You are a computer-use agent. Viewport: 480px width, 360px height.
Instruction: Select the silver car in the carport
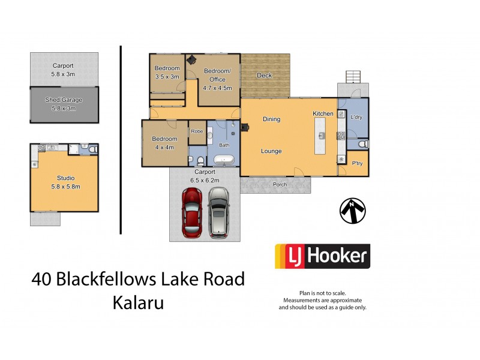218,212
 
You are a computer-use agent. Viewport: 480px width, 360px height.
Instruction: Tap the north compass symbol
352,211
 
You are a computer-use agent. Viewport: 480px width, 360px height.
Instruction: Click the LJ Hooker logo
322,256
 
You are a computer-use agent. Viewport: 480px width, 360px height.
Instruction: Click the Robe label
197,131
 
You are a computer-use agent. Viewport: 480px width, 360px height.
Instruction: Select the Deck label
264,76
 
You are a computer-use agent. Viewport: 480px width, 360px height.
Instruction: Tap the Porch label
280,185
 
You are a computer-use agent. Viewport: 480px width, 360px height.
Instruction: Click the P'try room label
357,163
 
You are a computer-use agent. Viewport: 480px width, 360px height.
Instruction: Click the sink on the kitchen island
322,136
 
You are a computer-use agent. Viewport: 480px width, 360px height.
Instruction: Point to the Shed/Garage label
64,100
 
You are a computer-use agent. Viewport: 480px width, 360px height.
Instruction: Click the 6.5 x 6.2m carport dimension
205,180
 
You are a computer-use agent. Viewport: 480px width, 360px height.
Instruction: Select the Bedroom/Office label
214,75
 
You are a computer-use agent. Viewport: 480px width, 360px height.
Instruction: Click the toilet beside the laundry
362,145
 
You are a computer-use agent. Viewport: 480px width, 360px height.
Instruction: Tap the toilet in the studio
85,147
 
